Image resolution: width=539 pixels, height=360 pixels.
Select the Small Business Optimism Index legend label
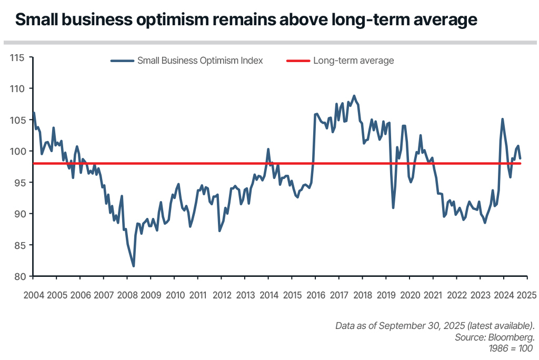tap(199, 61)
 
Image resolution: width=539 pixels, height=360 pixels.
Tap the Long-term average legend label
tap(353, 61)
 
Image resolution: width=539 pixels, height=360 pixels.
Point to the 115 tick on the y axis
tap(18, 57)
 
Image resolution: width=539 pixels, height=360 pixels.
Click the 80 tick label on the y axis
tap(20, 276)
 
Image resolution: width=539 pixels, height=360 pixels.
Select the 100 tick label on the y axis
tap(18, 151)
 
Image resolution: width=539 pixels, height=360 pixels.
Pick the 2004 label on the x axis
tap(34, 295)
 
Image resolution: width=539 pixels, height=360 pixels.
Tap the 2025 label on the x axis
tap(527, 295)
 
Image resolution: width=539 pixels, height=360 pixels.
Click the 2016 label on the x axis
tap(316, 295)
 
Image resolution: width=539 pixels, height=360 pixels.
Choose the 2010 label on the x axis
tap(175, 295)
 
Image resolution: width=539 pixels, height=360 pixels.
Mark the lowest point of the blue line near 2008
tap(133, 266)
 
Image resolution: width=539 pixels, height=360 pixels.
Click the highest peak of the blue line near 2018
tap(354, 96)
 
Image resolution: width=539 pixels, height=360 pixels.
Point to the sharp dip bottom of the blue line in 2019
tap(393, 208)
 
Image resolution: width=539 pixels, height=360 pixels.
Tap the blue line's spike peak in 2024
tap(502, 119)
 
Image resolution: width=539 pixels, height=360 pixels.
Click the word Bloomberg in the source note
tap(514, 337)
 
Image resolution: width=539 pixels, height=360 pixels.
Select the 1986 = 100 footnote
tap(512, 348)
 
